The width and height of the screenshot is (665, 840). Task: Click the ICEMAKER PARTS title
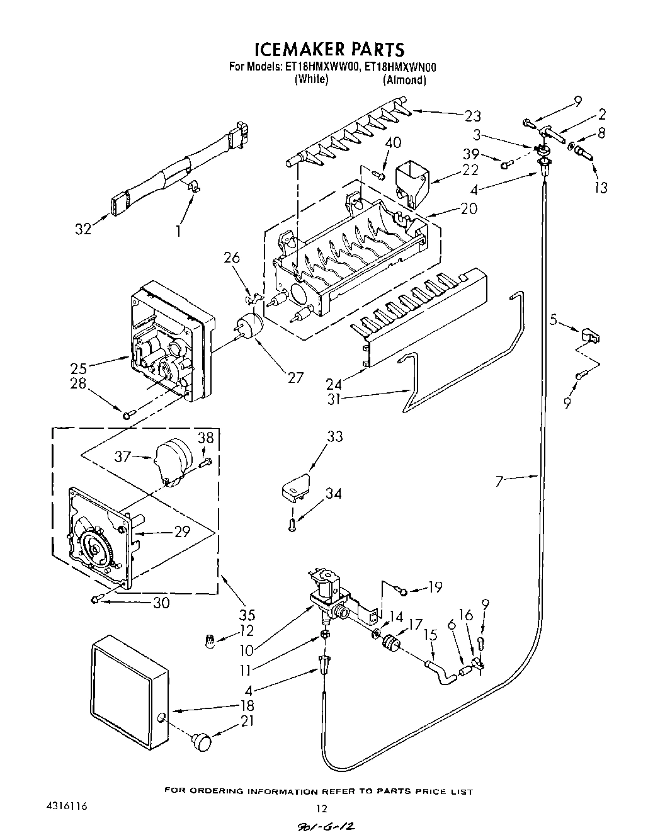329,49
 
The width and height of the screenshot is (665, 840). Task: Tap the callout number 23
472,116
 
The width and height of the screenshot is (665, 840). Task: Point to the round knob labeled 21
202,741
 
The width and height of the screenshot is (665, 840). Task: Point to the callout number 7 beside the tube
499,482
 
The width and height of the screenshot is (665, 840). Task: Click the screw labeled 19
403,590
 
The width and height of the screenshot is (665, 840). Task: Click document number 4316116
66,806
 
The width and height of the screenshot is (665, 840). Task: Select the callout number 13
601,187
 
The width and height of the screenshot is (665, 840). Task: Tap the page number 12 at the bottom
322,808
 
